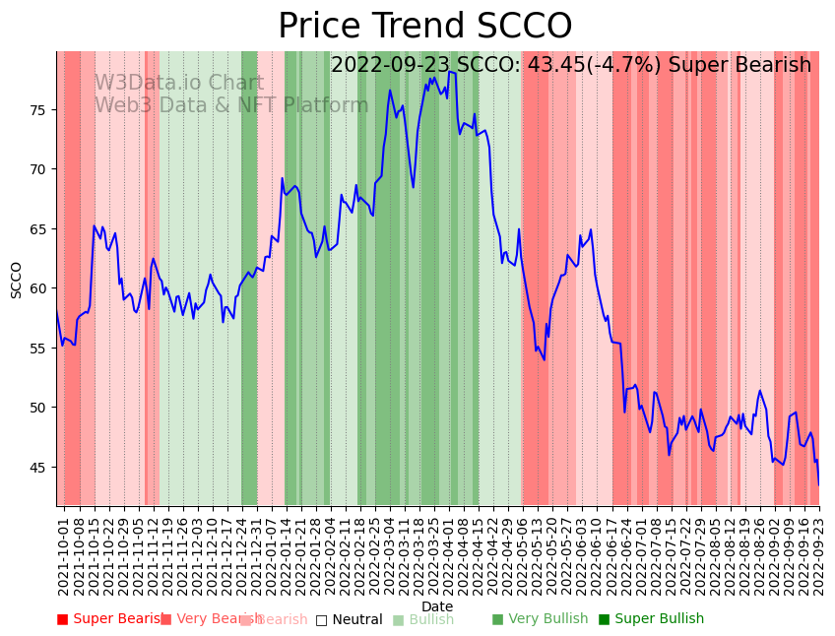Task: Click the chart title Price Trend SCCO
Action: (424, 27)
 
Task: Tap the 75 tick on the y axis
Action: (37, 109)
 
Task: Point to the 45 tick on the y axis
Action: (37, 468)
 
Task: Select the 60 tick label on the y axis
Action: (37, 288)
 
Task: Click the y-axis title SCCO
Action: (17, 280)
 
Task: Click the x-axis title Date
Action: (437, 606)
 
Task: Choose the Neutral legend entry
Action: (350, 619)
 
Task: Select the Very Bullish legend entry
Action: (540, 619)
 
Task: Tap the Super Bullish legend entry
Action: (651, 619)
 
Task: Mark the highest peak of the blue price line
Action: (449, 72)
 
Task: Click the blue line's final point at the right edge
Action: (818, 484)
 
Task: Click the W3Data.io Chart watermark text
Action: (178, 84)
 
